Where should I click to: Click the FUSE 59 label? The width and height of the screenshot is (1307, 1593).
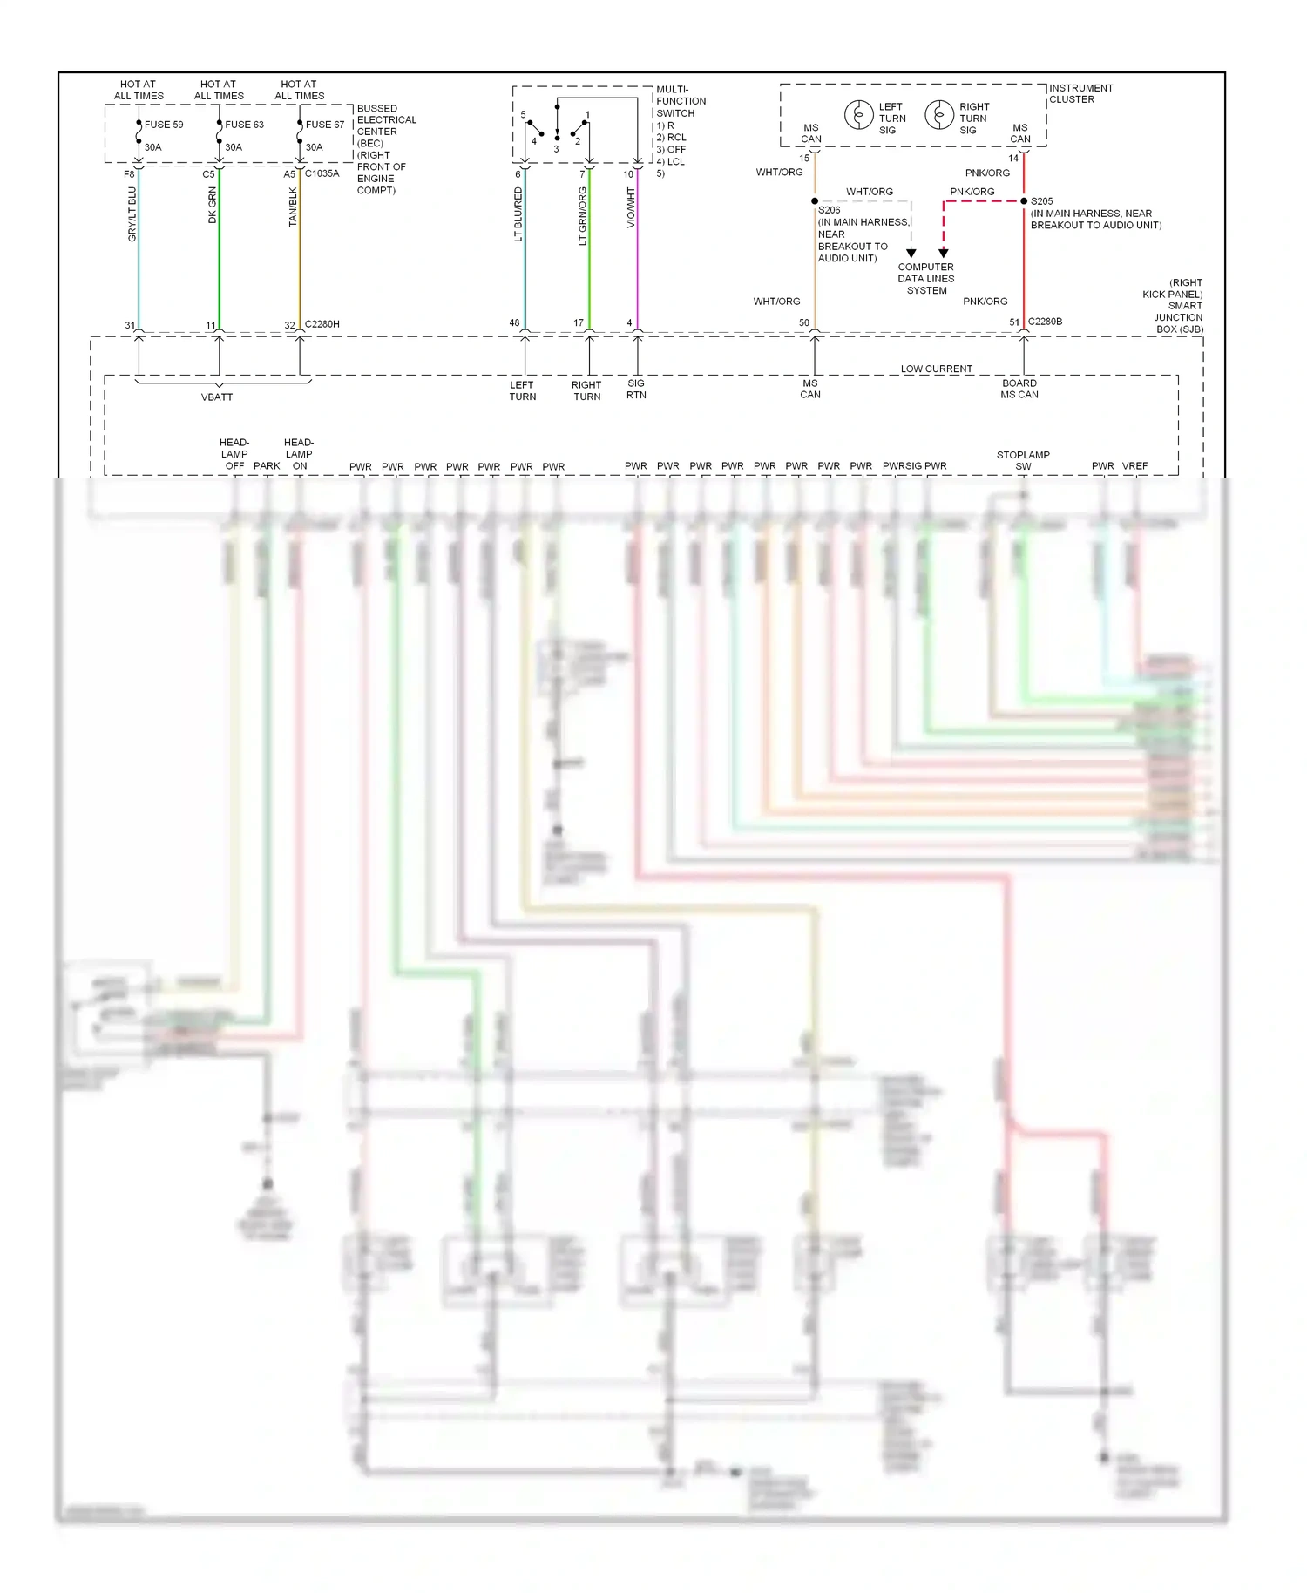164,125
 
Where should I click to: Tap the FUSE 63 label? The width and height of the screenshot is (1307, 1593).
244,125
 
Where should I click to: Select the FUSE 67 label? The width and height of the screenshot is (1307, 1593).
325,125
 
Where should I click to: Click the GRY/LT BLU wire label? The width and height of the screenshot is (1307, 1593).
132,214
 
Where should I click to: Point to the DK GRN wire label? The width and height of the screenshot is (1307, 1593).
213,206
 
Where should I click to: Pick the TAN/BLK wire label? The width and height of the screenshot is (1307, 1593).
294,207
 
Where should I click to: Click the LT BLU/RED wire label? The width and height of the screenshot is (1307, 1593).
518,214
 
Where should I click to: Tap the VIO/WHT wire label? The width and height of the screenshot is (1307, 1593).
631,208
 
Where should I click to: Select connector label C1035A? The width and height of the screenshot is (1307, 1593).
322,173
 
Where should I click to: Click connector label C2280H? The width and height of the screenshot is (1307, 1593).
322,324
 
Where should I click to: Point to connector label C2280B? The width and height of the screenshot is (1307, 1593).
1045,322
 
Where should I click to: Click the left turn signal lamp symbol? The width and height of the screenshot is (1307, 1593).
858,115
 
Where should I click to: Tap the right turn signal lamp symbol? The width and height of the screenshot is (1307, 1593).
938,115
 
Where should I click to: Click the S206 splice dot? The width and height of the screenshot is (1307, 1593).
815,201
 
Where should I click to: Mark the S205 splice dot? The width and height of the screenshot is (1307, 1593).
1024,201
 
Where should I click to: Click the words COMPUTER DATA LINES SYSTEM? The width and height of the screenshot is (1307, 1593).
926,279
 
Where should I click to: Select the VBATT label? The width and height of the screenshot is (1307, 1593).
217,397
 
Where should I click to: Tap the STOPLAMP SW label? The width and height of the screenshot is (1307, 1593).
1023,460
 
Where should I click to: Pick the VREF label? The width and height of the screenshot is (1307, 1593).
1134,466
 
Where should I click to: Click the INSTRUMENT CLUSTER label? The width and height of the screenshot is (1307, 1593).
1080,93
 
